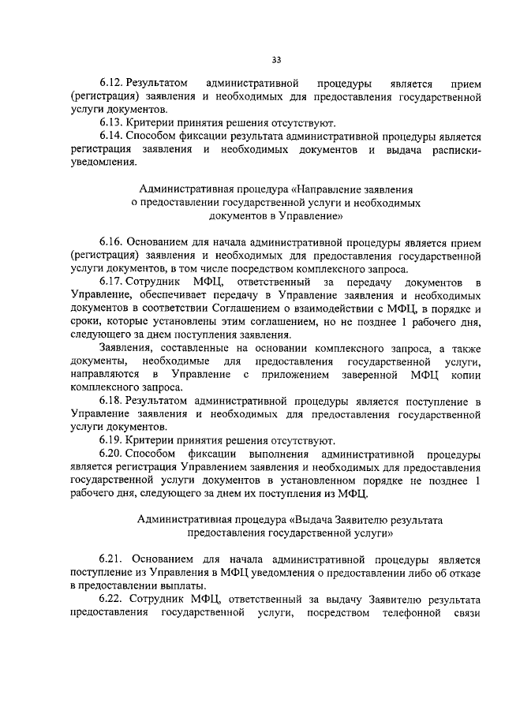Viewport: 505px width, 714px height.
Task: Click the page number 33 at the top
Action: pyautogui.click(x=276, y=59)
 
